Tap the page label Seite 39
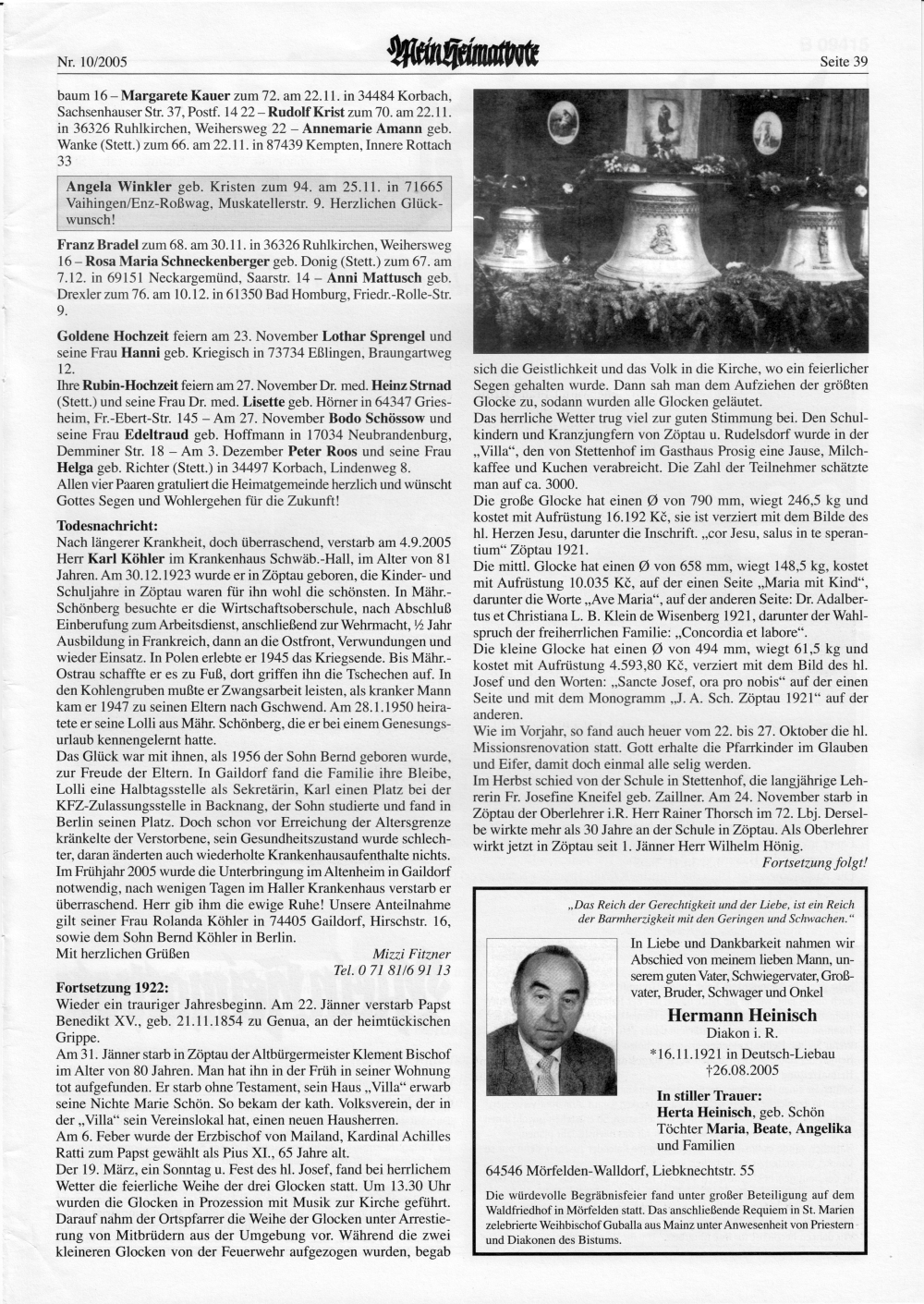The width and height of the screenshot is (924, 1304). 844,63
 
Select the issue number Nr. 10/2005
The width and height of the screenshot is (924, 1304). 91,64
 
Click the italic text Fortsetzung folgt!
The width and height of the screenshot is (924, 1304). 814,863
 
